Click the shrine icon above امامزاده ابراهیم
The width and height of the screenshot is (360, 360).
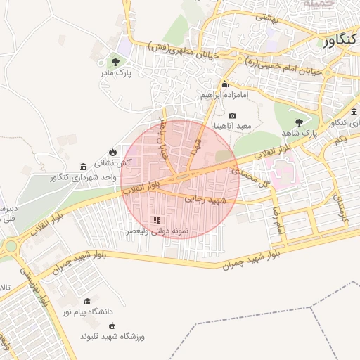(x=225, y=84)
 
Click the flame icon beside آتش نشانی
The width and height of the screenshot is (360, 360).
(x=113, y=152)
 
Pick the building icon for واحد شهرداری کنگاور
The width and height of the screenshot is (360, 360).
(x=84, y=167)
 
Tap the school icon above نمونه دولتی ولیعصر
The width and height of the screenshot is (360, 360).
(x=156, y=221)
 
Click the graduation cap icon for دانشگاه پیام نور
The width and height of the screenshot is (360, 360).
(x=87, y=301)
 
